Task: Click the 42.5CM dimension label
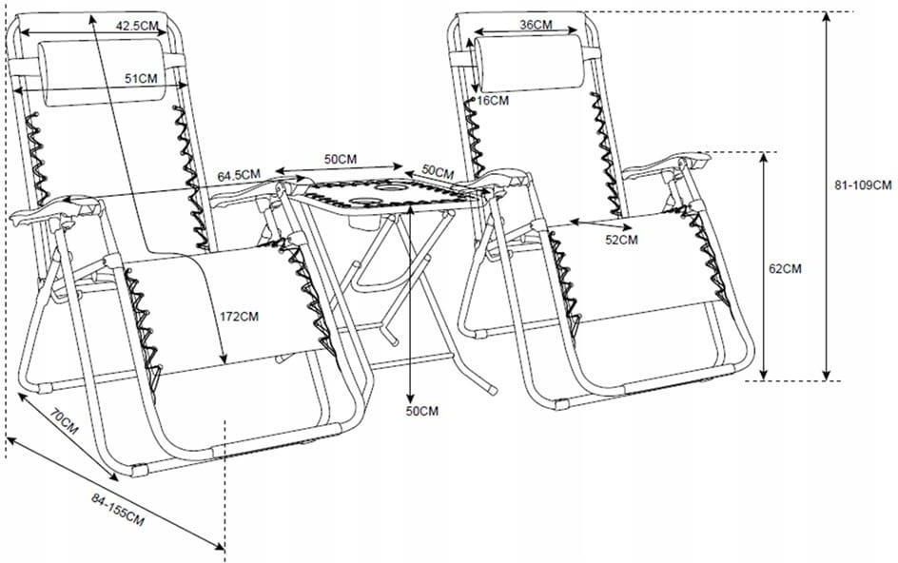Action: (137, 26)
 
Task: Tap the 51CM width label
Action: (141, 79)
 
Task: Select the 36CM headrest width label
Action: (537, 25)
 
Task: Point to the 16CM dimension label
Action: (493, 101)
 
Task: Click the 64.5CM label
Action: (239, 175)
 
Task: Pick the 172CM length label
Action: (240, 316)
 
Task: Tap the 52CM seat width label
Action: (621, 240)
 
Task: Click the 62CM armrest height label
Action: (785, 268)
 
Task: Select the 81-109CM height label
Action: (863, 185)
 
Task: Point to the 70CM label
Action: (64, 421)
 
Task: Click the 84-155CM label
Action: (117, 510)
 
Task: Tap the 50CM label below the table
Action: (422, 411)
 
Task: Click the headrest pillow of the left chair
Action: (103, 72)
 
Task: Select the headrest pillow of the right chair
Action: (530, 63)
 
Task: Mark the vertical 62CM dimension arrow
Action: (764, 266)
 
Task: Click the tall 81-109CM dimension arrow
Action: (826, 196)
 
